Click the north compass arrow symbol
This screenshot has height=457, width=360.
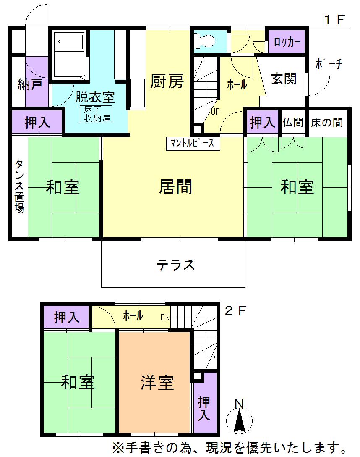[x=239, y=420]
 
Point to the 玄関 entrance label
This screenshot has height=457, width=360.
[x=284, y=79]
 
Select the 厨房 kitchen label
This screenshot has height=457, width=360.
[x=167, y=81]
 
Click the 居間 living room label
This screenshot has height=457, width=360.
[x=175, y=186]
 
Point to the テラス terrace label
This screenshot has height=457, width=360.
[x=176, y=265]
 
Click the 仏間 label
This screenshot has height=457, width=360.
[x=292, y=123]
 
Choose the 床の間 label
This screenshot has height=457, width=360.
[x=327, y=123]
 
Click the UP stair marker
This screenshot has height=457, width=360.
[x=215, y=112]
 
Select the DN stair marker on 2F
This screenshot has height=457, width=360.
[x=165, y=318]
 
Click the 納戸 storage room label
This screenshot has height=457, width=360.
[x=29, y=85]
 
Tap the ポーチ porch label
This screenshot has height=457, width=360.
[x=329, y=64]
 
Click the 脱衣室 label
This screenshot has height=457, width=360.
[x=95, y=97]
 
